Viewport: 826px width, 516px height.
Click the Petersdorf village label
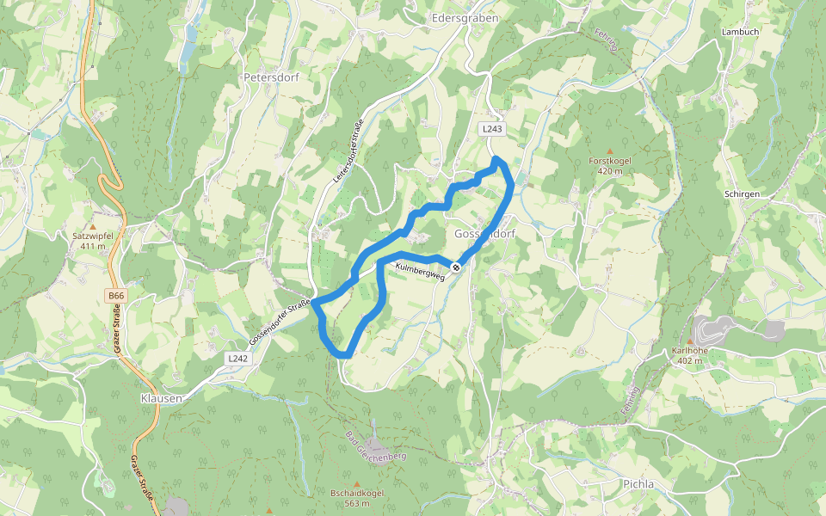coord(270,77)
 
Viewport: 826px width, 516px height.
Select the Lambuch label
coord(741,32)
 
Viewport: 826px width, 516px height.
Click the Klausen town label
coord(161,399)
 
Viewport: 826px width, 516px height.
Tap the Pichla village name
coord(638,484)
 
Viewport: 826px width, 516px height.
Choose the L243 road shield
coord(491,129)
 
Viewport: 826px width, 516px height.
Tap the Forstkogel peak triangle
coord(611,150)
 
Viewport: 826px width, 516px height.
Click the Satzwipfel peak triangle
coord(93,203)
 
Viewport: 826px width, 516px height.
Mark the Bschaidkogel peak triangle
coord(356,482)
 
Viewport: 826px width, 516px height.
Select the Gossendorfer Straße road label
coord(278,318)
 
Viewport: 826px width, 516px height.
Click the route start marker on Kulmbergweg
coord(456,267)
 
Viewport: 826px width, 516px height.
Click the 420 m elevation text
coord(611,171)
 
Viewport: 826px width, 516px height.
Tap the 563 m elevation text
coord(356,503)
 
